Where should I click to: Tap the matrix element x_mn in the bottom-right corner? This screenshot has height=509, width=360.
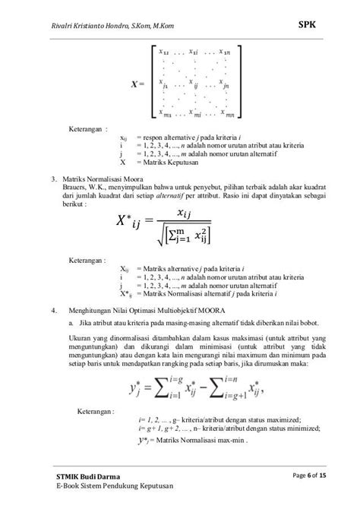click(227, 115)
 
